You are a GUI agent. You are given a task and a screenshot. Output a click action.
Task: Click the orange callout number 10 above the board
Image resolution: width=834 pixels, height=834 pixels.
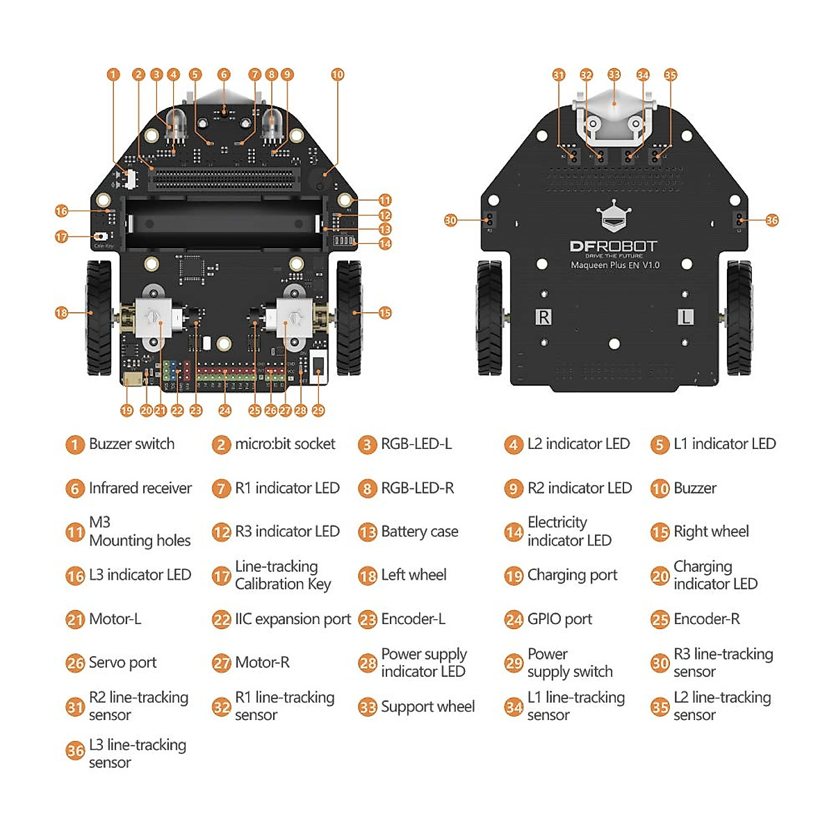337,74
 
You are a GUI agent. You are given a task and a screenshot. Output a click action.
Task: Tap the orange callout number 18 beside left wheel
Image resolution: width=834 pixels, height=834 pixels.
61,313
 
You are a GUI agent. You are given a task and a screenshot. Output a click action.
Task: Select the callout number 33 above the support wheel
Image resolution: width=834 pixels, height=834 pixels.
614,74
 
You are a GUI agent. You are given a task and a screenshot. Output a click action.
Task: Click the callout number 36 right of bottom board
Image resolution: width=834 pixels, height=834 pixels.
772,220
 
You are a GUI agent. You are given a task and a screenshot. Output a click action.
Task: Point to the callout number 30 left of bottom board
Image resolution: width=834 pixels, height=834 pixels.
450,220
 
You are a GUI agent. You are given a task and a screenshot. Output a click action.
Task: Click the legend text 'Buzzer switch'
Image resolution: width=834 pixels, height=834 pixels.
131,444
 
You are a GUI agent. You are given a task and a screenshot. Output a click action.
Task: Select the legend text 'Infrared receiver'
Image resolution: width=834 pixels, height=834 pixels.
140,489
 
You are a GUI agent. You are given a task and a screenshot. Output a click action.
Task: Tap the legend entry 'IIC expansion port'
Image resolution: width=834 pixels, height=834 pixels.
293,619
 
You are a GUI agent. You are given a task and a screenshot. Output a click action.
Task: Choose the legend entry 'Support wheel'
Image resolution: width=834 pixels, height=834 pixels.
427,707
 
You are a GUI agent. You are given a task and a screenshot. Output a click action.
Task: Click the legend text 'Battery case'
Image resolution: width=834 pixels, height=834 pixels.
419,532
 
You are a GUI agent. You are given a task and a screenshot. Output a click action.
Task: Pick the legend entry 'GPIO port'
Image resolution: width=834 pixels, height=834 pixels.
559,619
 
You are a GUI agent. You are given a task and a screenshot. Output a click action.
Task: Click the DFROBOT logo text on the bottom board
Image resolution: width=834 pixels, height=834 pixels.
613,247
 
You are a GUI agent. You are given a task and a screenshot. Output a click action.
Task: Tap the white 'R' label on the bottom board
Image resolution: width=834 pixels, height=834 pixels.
543,317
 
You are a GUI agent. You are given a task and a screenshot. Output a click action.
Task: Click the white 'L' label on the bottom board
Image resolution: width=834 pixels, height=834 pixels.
685,317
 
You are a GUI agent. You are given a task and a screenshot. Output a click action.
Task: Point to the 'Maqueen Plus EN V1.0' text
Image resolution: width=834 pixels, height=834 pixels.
614,265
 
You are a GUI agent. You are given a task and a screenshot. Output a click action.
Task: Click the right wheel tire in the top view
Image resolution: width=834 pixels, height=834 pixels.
349,317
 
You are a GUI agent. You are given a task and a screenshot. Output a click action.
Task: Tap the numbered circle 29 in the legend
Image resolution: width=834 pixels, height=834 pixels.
514,664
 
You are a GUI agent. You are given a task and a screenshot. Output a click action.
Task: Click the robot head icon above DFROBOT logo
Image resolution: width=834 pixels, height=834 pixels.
613,218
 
